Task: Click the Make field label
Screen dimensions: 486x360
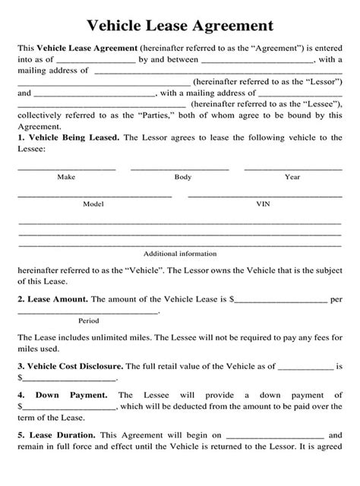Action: [66, 177]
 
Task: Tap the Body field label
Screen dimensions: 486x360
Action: [182, 177]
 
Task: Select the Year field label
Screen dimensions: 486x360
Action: [292, 177]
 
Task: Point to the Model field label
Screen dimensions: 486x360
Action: [93, 204]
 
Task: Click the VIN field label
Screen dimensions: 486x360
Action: [263, 204]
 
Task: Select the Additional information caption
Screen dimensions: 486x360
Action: [180, 253]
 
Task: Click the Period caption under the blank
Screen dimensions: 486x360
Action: [89, 320]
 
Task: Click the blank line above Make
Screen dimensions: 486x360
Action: [66, 168]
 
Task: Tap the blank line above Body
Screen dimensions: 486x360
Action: [180, 168]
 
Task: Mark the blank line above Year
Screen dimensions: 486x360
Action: [293, 168]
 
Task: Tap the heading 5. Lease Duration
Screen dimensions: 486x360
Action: [55, 457]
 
